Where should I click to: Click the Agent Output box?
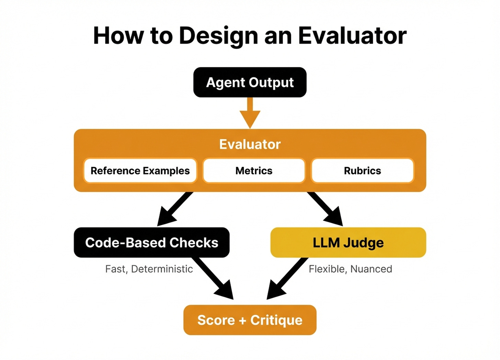pos(250,82)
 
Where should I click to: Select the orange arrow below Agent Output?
pos(250,113)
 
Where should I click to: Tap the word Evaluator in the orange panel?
pos(250,144)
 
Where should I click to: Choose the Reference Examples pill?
pos(140,171)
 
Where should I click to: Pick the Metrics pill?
pos(254,171)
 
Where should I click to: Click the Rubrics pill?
pos(362,171)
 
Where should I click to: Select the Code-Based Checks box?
pos(151,243)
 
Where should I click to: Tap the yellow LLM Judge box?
pos(348,243)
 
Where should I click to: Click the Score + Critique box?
pos(250,320)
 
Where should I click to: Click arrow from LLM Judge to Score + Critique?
pos(287,278)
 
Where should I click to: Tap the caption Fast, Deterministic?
pos(149,269)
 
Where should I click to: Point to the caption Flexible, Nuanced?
pos(350,269)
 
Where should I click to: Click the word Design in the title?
pos(218,36)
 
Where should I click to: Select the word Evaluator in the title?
pos(352,35)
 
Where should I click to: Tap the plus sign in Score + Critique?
pos(242,320)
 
